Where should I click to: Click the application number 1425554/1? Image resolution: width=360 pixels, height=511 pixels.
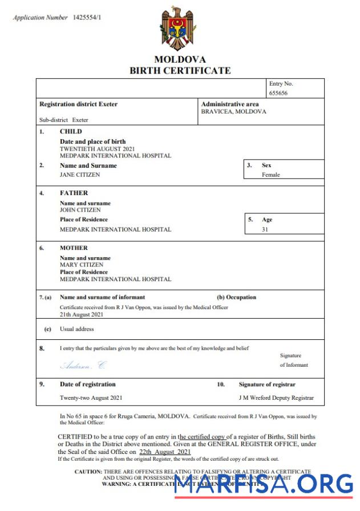pyautogui.click(x=88, y=18)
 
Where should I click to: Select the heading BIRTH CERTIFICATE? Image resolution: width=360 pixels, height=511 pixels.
pyautogui.click(x=180, y=71)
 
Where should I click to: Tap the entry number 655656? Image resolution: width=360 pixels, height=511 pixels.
pyautogui.click(x=278, y=93)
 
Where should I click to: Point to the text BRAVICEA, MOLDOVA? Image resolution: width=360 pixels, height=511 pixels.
pyautogui.click(x=233, y=112)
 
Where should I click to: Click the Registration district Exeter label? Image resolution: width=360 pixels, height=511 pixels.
pyautogui.click(x=78, y=104)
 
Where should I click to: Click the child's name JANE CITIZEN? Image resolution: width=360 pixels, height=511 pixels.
pyautogui.click(x=80, y=175)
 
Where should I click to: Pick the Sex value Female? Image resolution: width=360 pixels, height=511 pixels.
pyautogui.click(x=271, y=175)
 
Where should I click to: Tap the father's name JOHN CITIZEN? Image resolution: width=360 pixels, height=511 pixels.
pyautogui.click(x=80, y=210)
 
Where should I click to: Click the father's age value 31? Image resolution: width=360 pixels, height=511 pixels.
pyautogui.click(x=265, y=229)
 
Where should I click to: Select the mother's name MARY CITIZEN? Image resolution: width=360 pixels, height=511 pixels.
pyautogui.click(x=82, y=265)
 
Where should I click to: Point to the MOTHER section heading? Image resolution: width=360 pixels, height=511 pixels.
pyautogui.click(x=74, y=248)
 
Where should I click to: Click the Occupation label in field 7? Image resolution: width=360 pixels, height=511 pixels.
pyautogui.click(x=237, y=297)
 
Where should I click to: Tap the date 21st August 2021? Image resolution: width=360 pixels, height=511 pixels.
pyautogui.click(x=82, y=314)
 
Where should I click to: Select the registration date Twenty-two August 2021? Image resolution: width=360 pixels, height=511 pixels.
pyautogui.click(x=91, y=398)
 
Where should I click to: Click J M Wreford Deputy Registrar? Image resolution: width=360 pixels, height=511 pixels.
pyautogui.click(x=276, y=398)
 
